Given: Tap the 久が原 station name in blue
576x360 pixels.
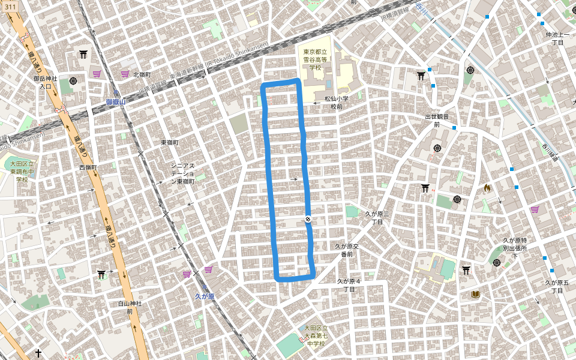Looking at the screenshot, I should coord(205,296).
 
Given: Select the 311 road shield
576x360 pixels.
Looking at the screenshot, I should coord(11,6).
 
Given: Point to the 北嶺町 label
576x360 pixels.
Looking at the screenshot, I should coord(142,74).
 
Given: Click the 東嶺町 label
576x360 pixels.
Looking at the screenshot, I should coord(170,142).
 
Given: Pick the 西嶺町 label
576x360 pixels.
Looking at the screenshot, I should coord(88,167).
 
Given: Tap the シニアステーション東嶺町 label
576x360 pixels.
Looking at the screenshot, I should coord(182,173).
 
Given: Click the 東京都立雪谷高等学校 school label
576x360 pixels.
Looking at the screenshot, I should coord(315,59).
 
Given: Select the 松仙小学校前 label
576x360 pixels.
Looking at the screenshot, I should coord(337,102).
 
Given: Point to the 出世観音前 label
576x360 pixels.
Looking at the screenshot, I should coord(437,121).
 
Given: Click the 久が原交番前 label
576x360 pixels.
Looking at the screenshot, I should coord(347,250).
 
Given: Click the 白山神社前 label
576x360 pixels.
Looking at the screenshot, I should coord(130,307).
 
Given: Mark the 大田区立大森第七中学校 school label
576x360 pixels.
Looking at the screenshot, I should coord(316,335).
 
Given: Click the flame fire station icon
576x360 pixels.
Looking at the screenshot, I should coord(487,188).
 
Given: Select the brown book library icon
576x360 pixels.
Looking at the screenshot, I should coord(476,294).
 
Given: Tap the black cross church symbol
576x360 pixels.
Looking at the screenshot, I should coord(38,353).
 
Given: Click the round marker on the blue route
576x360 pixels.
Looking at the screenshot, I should coord(308,220).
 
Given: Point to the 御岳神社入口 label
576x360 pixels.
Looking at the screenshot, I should coord(46,82).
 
